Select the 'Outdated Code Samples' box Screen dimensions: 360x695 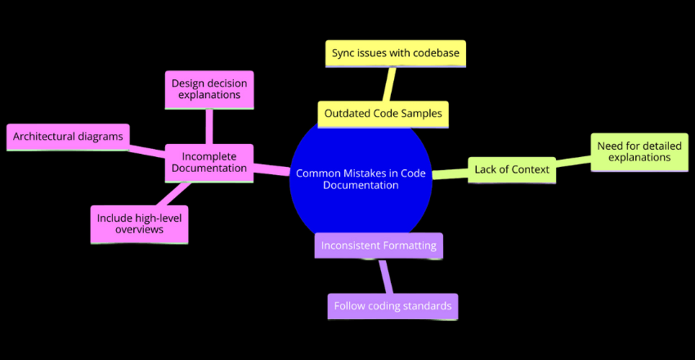(383, 115)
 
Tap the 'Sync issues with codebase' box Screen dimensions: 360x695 (395, 53)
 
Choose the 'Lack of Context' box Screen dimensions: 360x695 (512, 170)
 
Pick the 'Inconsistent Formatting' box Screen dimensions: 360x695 (379, 245)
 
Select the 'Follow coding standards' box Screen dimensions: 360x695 (392, 306)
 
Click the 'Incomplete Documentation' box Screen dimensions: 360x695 (208, 161)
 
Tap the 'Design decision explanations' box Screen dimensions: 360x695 (208, 89)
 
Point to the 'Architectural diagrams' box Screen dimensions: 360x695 (68, 137)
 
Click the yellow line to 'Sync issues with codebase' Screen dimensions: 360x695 (391, 83)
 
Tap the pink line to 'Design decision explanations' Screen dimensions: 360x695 (209, 126)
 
